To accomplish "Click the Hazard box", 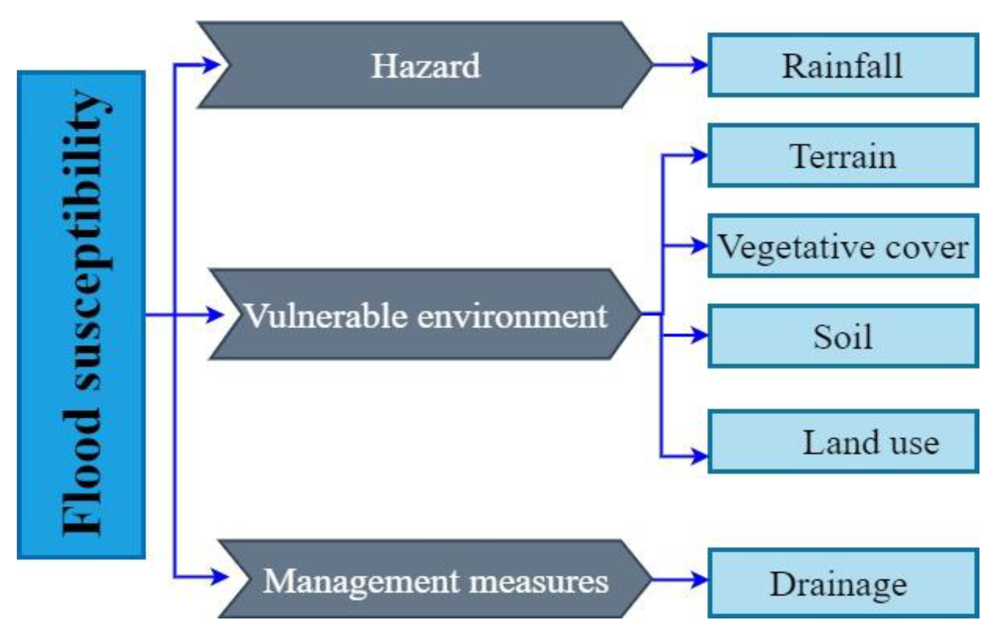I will point(425,65).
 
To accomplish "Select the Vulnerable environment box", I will point(425,315).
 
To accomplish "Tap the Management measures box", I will point(435,580).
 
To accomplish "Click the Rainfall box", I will point(842,65).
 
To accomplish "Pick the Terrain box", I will point(842,156).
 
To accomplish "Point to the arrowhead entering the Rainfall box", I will point(699,65).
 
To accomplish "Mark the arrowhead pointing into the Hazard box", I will point(212,65).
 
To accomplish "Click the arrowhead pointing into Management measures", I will point(218,576).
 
